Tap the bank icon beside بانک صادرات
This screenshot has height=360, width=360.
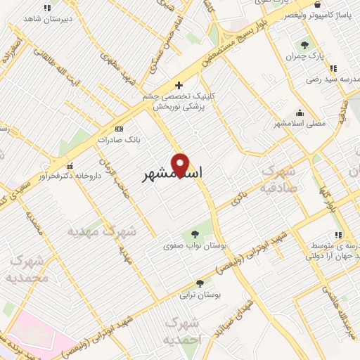[118, 129]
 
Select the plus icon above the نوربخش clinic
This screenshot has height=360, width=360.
[179, 84]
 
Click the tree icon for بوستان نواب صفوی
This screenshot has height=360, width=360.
[195, 234]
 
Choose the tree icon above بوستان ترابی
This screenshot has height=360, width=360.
[200, 283]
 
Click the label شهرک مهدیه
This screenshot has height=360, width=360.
[100, 230]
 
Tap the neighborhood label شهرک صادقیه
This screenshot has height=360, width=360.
[279, 179]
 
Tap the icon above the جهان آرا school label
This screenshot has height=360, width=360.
[339, 235]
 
